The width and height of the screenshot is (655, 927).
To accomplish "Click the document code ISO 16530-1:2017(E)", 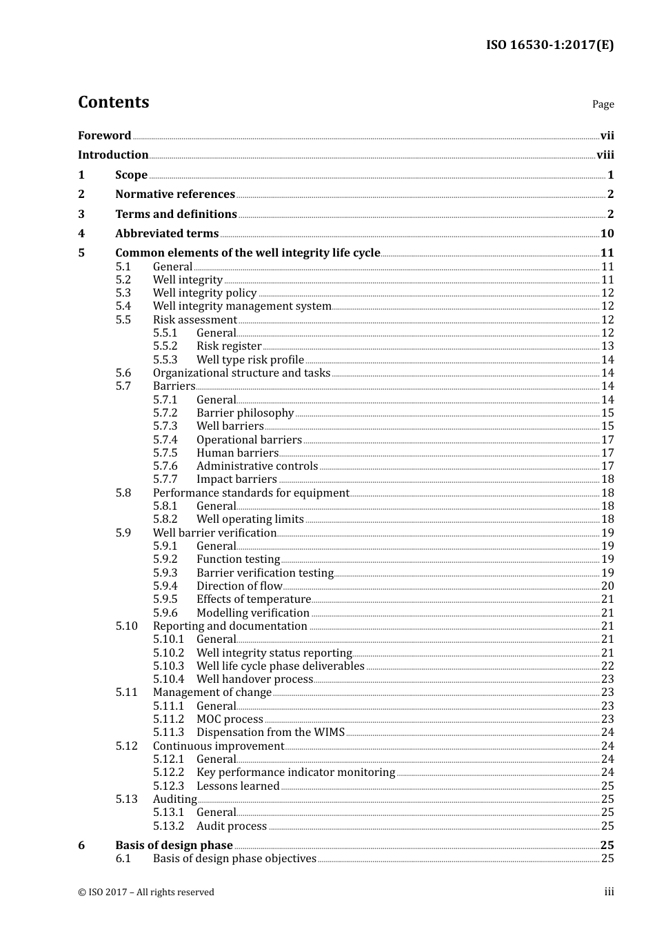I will point(550,46).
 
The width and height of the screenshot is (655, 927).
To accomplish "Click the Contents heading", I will point(113,102).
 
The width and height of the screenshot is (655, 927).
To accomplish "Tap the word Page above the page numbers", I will point(603,104).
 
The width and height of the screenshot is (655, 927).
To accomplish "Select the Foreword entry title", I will point(104,136).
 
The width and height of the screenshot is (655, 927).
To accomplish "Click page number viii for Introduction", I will point(605,155).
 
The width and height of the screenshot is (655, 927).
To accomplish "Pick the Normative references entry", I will point(175,195).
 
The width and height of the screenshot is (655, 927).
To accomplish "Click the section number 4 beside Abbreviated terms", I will point(81,234).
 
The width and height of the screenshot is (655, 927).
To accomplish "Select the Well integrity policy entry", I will point(205,293).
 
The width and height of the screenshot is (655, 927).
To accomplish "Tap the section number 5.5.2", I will point(165,346).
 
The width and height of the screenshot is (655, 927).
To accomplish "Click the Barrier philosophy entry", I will point(245,413).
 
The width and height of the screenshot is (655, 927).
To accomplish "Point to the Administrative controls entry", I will point(257,466).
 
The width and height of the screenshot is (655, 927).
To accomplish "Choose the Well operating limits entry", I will point(250,519).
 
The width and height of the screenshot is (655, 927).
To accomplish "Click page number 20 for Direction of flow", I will point(607,586).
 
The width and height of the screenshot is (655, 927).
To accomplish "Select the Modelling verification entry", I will point(252,613).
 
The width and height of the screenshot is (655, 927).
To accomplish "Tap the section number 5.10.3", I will point(168,666).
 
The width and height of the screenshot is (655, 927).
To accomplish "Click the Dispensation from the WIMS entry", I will point(270,732).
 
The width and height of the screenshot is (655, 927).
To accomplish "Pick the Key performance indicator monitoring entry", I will point(296,772).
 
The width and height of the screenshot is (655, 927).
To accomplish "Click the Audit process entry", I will point(231,826).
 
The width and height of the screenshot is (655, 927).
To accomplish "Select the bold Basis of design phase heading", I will point(174,846).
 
